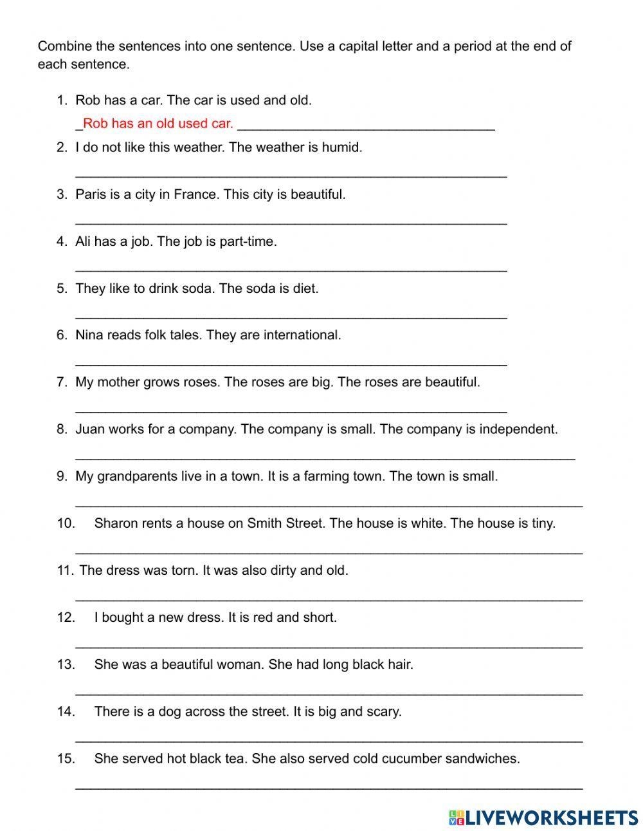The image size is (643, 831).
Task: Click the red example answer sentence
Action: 158,124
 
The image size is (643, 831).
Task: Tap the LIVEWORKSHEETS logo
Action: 543,817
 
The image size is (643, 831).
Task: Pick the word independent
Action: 518,429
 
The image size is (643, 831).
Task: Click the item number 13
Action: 66,664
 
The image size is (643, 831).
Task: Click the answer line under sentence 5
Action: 291,315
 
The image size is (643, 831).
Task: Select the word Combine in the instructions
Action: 64,46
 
